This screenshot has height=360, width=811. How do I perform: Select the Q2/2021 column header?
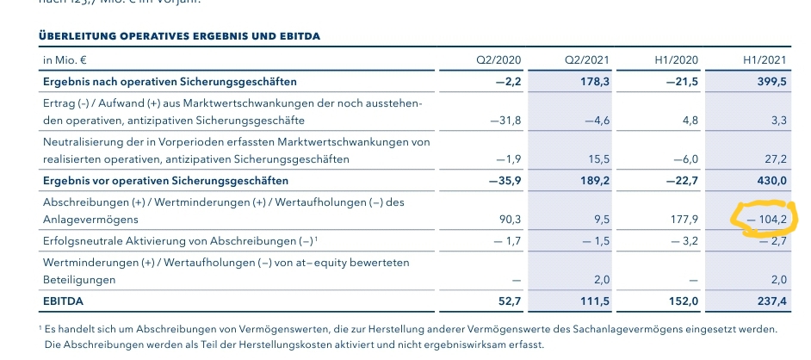tap(588, 60)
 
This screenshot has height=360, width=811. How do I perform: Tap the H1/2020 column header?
tap(676, 60)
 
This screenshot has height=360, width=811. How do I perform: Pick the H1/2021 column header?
tap(765, 60)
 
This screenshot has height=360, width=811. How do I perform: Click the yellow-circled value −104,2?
tap(766, 220)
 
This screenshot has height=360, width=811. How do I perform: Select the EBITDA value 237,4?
tap(771, 301)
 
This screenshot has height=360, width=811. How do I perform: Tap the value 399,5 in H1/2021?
tap(771, 82)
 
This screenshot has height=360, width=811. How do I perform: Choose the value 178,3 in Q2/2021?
tap(595, 82)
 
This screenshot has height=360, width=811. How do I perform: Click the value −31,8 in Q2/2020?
tap(505, 121)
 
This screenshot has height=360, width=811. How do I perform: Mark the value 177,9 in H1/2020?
tap(683, 220)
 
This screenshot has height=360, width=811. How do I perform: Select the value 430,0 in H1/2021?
tap(771, 181)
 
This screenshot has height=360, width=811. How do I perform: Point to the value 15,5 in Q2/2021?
tap(597, 159)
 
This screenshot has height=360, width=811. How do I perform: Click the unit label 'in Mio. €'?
tap(65, 60)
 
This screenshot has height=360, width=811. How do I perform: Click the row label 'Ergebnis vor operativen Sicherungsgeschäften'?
tap(165, 181)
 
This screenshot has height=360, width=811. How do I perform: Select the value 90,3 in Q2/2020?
tap(509, 220)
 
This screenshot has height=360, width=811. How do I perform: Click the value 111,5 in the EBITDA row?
tap(595, 301)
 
